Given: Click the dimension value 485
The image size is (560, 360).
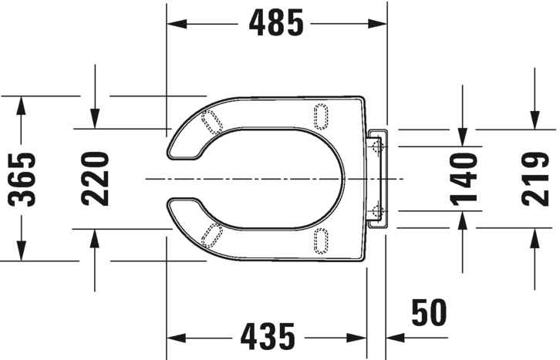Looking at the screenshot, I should (276, 24).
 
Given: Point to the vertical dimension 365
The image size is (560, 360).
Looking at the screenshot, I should (23, 179).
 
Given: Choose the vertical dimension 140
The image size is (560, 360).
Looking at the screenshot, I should (463, 179).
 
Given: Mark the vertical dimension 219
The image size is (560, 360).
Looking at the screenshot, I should (534, 179).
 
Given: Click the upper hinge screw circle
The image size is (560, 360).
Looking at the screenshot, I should (376, 144).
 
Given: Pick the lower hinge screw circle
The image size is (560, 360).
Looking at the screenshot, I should (376, 211).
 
